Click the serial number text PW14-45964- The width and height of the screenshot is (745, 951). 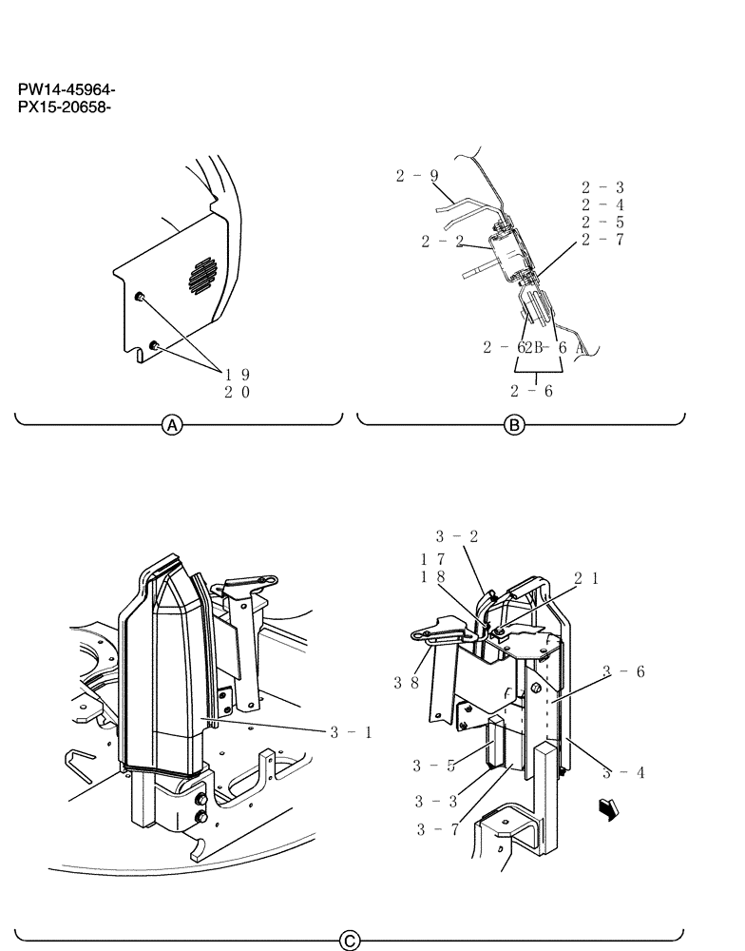click(66, 91)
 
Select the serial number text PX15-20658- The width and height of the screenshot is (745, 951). click(66, 107)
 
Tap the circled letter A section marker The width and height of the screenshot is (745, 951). click(172, 427)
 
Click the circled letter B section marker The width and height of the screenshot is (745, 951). click(514, 427)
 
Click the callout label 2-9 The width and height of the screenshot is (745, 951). click(417, 175)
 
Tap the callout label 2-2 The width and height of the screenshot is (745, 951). click(443, 242)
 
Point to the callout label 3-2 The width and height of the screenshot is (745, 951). click(457, 535)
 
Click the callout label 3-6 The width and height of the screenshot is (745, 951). click(625, 671)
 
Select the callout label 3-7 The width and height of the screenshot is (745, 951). click(437, 829)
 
